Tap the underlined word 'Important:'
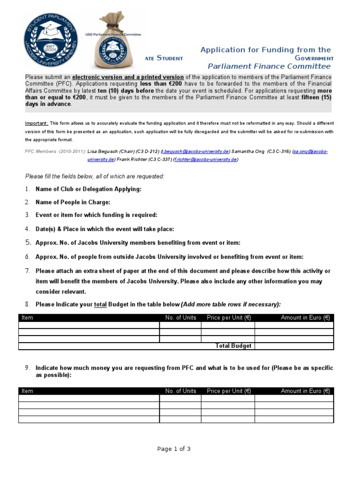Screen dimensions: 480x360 [x=36, y=123]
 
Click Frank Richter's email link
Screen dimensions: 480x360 [x=205, y=159]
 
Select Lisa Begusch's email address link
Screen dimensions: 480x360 [x=195, y=151]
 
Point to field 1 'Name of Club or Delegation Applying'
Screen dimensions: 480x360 [x=88, y=189]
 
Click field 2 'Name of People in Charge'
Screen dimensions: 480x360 [x=73, y=202]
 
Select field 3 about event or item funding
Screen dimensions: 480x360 [x=96, y=215]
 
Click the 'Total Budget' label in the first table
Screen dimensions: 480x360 [x=233, y=346]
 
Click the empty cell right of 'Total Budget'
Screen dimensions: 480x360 [x=294, y=346]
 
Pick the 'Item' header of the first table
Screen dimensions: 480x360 [x=28, y=318]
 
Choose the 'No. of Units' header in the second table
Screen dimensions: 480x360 [x=180, y=391]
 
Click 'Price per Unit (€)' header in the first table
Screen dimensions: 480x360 [x=229, y=318]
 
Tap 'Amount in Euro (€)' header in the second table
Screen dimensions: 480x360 [x=305, y=391]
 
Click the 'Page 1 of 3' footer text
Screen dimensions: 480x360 [x=174, y=449]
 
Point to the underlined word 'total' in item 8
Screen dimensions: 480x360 [x=101, y=304]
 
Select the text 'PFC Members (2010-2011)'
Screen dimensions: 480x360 [x=55, y=151]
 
